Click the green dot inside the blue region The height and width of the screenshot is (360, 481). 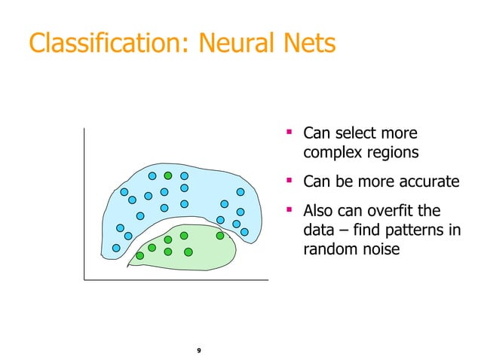tap(169, 175)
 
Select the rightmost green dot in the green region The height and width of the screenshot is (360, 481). tap(220, 236)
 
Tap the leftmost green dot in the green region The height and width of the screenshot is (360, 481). tap(139, 255)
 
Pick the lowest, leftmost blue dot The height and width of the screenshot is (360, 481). tap(116, 248)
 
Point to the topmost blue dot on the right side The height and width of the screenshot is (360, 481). tap(240, 192)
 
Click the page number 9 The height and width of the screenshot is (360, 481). tap(198, 351)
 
